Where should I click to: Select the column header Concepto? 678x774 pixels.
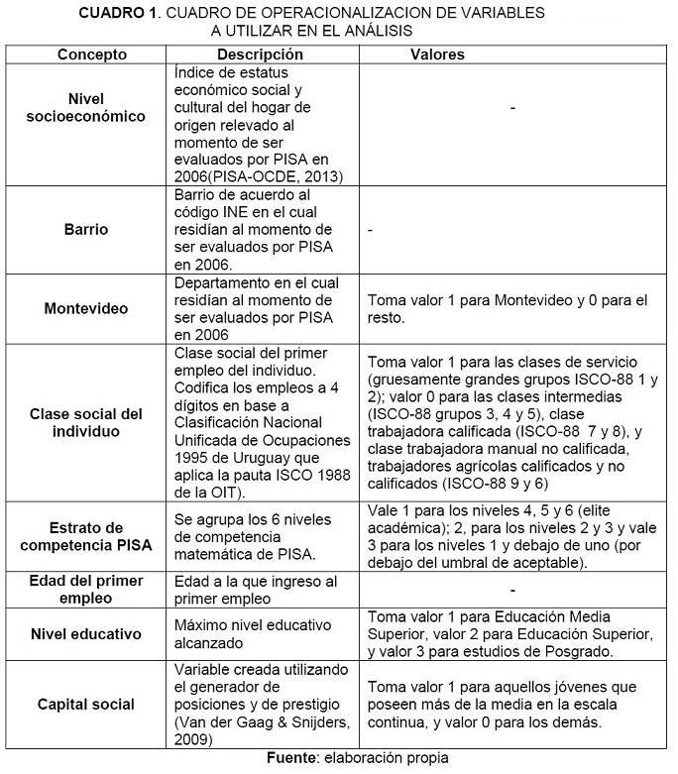(x=92, y=55)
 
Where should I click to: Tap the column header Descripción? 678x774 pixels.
(x=260, y=55)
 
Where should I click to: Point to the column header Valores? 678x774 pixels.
(x=437, y=55)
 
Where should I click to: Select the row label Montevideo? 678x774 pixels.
(x=86, y=308)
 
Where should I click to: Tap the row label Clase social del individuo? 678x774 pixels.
(x=86, y=423)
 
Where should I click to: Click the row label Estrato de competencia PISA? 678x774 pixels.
(x=86, y=536)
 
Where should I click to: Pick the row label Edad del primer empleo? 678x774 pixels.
(x=86, y=590)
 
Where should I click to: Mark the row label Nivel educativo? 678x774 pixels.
(x=86, y=634)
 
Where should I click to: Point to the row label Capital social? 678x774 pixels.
(x=86, y=704)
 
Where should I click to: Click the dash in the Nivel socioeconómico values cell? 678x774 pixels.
(x=512, y=107)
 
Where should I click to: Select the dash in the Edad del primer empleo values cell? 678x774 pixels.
(x=512, y=590)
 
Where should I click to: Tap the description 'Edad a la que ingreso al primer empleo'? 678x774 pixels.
(x=255, y=590)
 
